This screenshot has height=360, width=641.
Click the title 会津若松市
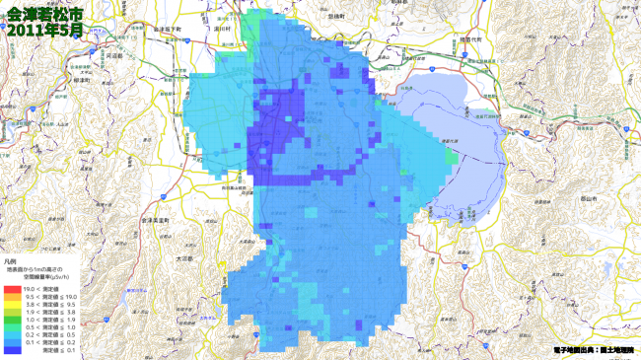coord(44,14)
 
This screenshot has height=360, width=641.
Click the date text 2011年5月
coord(44,31)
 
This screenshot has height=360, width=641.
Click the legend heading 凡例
coord(11,260)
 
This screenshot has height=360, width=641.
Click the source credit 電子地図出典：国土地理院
coord(590,350)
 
